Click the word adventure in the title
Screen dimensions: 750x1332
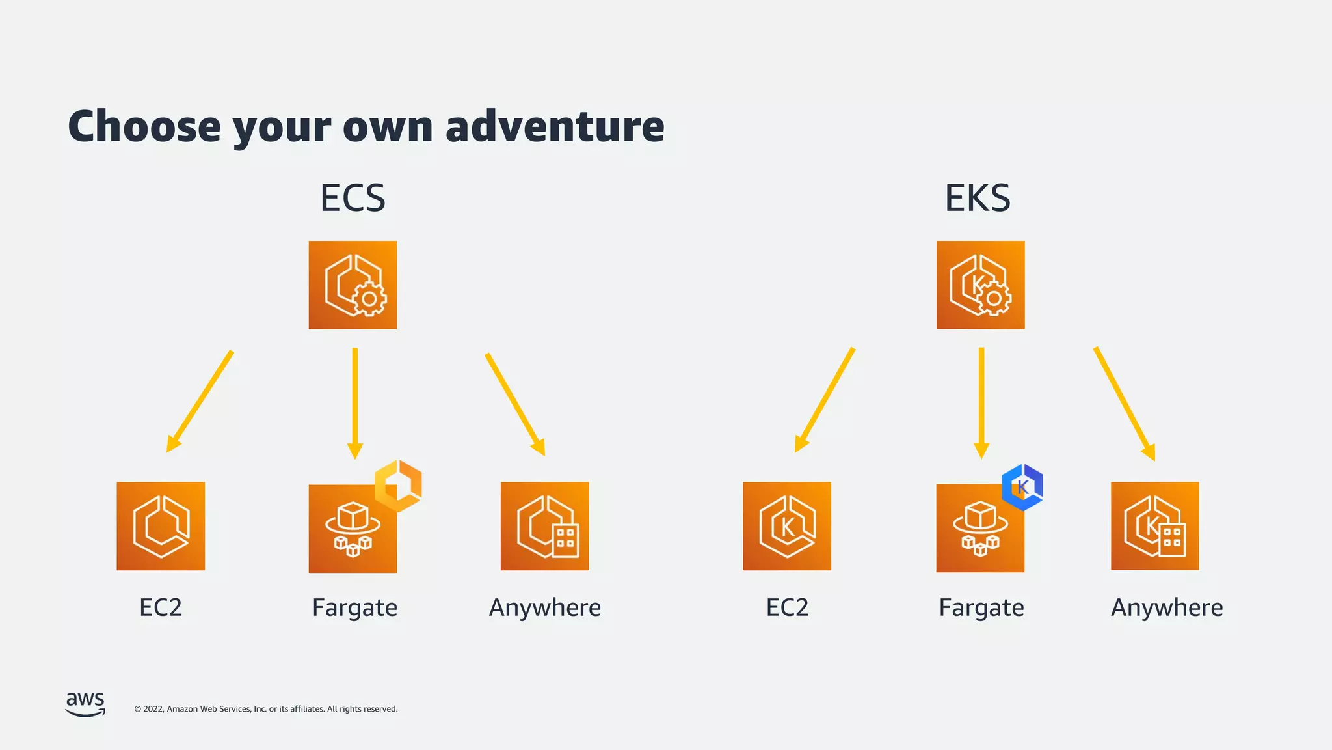555,126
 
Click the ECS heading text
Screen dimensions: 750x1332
353,198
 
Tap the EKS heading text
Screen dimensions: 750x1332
978,198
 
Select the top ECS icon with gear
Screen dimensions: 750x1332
353,285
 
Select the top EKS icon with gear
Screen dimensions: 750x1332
980,285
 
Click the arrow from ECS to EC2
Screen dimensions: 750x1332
200,401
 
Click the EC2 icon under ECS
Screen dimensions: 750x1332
161,526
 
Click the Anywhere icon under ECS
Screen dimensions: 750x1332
544,526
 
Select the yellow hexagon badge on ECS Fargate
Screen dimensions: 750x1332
398,486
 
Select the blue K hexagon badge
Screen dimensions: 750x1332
1022,487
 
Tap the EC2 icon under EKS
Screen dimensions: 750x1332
787,526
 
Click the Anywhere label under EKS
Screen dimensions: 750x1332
1167,607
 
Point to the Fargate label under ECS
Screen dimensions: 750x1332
354,607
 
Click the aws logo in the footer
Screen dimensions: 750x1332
85,704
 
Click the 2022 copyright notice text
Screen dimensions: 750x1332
265,709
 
